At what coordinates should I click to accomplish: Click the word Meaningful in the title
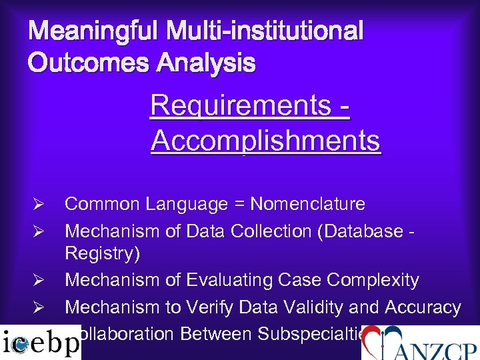[x=93, y=31]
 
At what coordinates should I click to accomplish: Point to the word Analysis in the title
[x=207, y=63]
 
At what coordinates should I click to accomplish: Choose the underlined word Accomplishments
[x=265, y=141]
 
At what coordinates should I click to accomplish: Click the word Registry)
[x=99, y=254]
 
